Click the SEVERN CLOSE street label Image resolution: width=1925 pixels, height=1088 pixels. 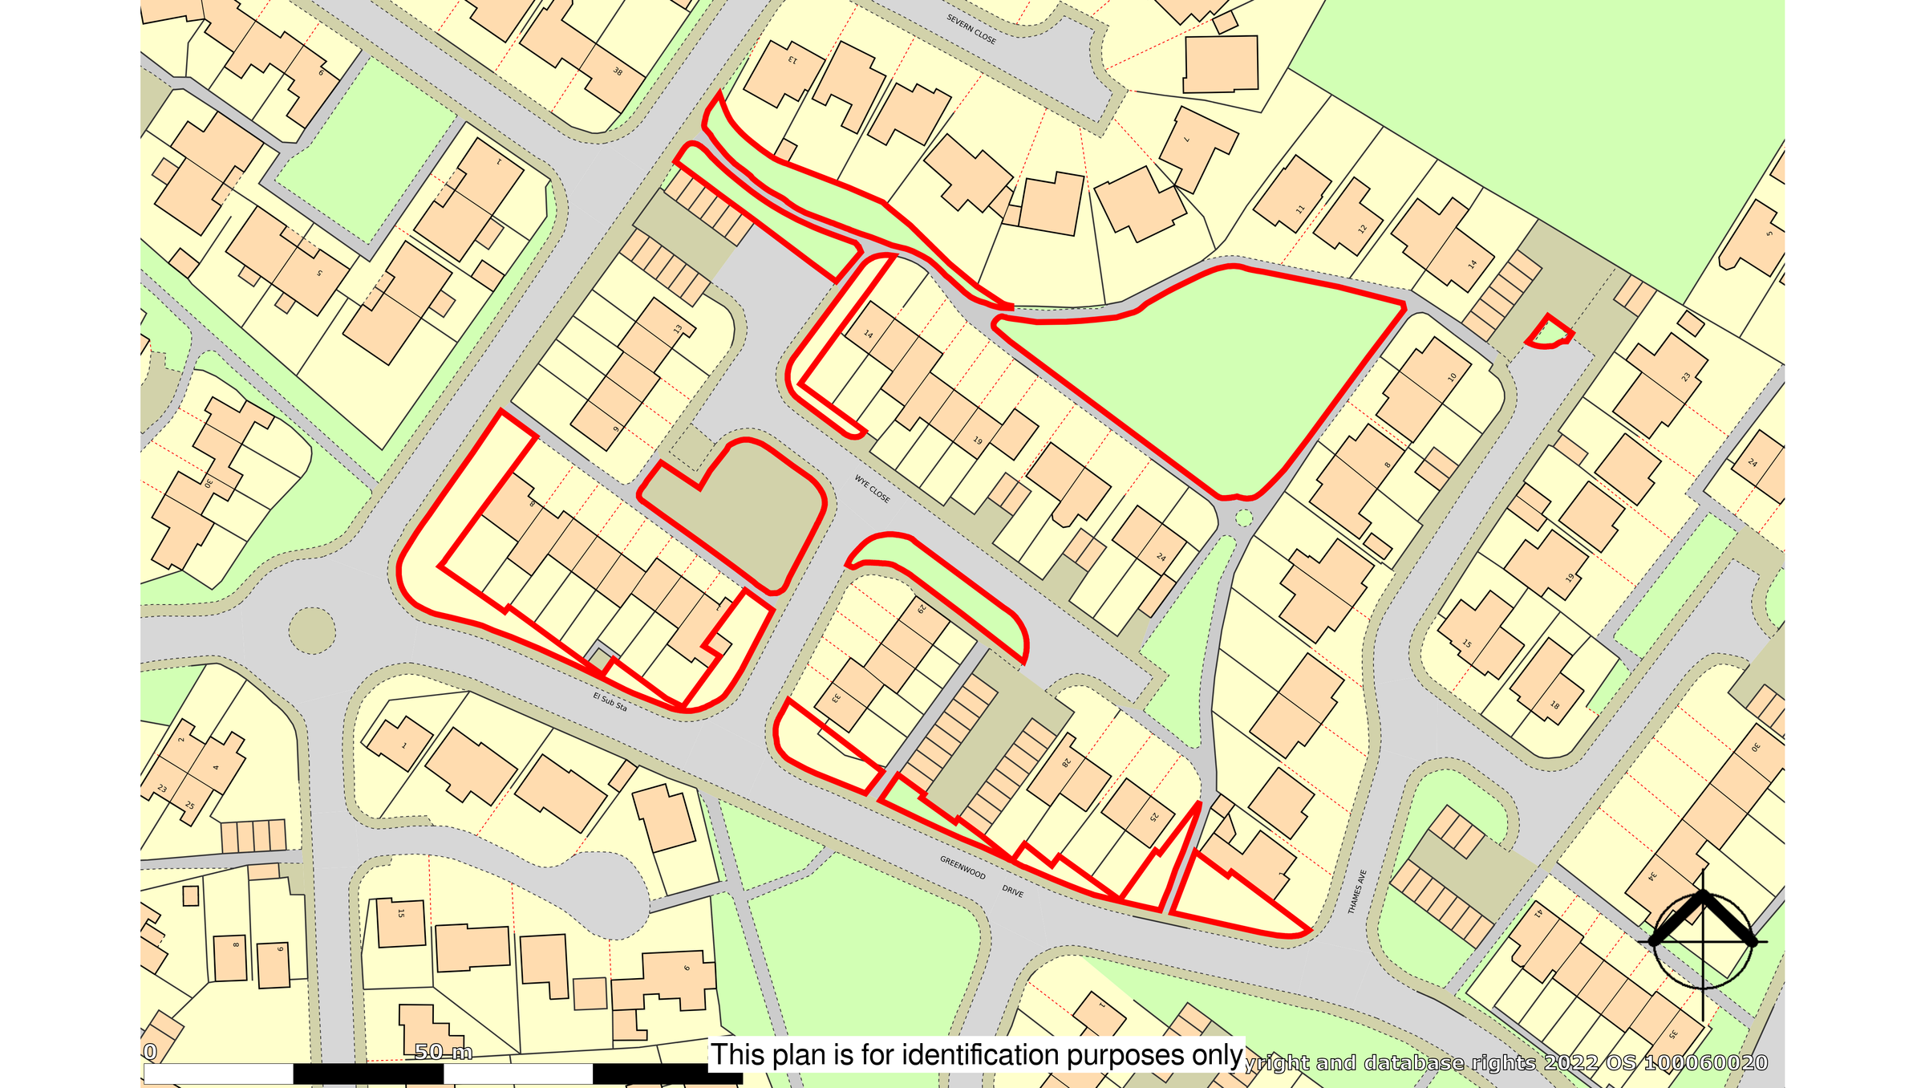click(971, 29)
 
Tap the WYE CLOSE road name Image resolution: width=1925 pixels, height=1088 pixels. click(872, 489)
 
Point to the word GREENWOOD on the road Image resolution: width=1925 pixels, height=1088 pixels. click(962, 867)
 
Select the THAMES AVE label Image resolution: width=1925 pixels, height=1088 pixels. click(1356, 891)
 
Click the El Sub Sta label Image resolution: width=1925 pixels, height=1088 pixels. click(610, 702)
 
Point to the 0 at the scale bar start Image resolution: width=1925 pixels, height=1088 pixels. click(150, 1052)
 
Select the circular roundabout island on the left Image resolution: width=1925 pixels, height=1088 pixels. click(312, 631)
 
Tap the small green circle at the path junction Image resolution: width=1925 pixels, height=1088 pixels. click(1244, 518)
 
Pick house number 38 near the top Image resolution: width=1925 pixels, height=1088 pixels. click(618, 71)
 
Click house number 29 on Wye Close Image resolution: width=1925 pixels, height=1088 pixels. click(922, 609)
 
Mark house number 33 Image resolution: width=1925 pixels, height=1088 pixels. click(836, 698)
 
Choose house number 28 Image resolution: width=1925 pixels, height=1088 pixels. click(1067, 761)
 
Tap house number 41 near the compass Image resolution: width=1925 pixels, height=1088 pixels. click(1538, 913)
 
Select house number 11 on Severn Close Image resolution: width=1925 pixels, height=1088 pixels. click(1300, 209)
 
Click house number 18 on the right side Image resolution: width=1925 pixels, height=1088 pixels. click(1554, 705)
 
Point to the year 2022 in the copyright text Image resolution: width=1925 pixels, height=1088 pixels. click(1572, 1063)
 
